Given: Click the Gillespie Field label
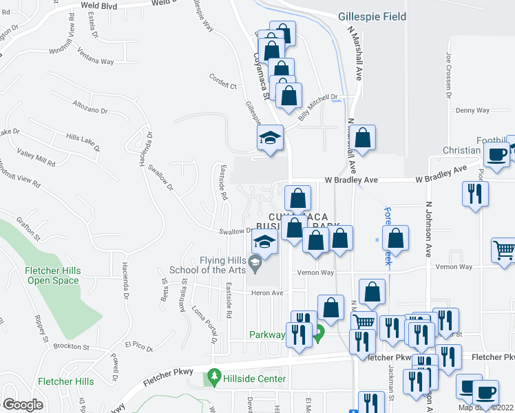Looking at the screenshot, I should pyautogui.click(x=372, y=17).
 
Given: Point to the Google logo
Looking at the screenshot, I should pyautogui.click(x=23, y=405).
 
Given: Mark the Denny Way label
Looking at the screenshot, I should pyautogui.click(x=472, y=110).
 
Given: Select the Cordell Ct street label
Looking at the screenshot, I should pyautogui.click(x=222, y=86).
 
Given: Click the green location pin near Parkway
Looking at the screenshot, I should pyautogui.click(x=318, y=336).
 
